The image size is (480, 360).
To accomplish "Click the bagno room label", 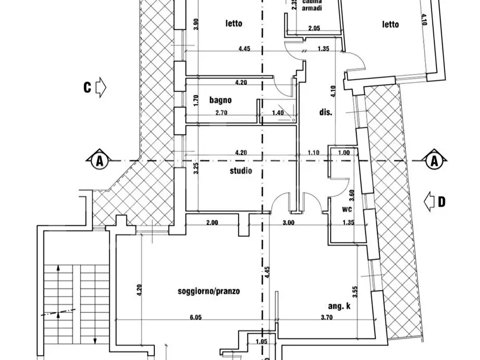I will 220,100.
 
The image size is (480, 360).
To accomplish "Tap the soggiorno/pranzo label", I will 209,291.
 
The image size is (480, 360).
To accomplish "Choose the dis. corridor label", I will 326,113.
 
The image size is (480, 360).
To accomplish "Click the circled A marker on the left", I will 98,160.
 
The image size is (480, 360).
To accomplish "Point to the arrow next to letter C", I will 101,88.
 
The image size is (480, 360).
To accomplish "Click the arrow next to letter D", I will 428,202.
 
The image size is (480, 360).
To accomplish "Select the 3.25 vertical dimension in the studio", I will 197,168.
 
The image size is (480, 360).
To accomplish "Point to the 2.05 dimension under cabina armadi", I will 314,28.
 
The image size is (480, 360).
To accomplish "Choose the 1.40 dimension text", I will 277,113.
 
